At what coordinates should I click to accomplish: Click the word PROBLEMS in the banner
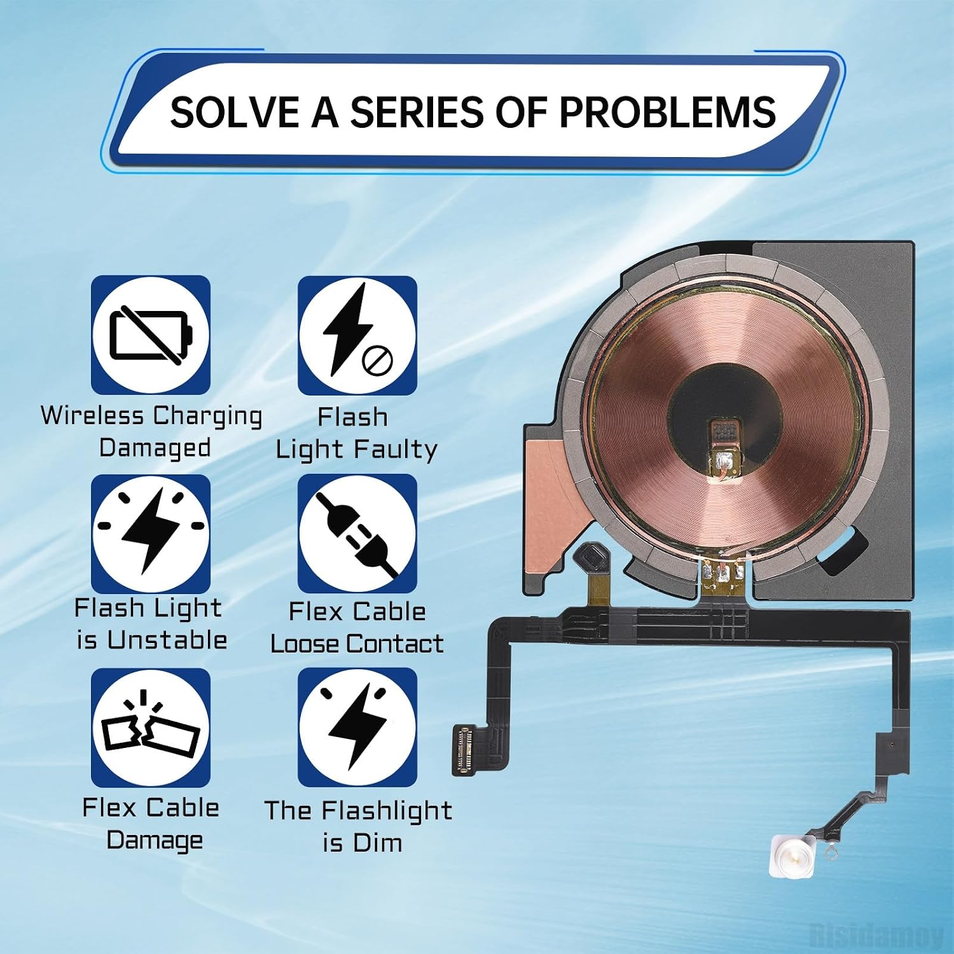click(667, 113)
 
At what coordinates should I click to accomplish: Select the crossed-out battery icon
click(151, 335)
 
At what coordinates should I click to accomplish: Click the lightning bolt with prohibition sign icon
click(357, 335)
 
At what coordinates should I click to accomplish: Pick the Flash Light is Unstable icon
click(151, 534)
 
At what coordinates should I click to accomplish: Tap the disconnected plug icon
click(357, 534)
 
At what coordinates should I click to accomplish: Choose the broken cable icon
click(151, 728)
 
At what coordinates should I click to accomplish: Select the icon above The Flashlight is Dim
click(357, 728)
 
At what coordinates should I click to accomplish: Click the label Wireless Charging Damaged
click(152, 432)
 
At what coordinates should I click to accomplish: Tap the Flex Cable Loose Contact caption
click(357, 628)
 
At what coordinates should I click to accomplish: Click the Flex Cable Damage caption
click(151, 824)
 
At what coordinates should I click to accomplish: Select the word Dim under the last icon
click(378, 843)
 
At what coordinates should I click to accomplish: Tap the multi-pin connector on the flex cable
click(468, 750)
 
